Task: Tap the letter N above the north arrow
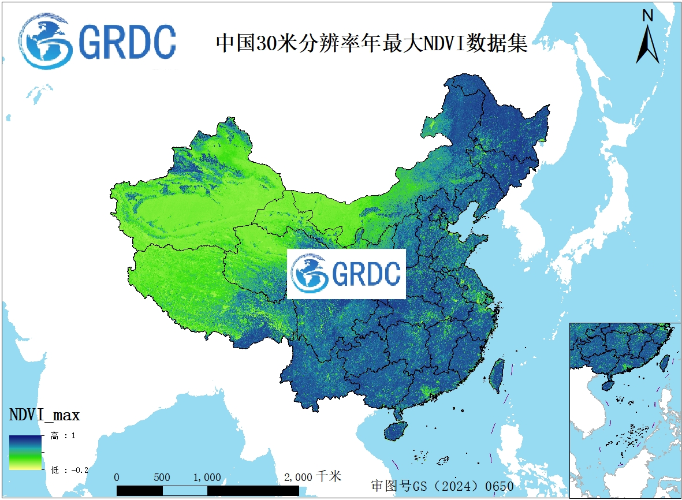click(648, 16)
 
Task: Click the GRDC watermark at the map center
click(346, 274)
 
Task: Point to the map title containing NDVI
click(371, 43)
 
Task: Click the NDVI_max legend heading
click(44, 415)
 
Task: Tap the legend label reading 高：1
click(63, 436)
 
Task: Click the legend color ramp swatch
click(25, 452)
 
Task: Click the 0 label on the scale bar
click(117, 477)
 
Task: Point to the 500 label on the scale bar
click(162, 477)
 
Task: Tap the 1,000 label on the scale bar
click(207, 477)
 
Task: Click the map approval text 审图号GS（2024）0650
click(442, 486)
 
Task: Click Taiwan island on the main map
click(496, 375)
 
